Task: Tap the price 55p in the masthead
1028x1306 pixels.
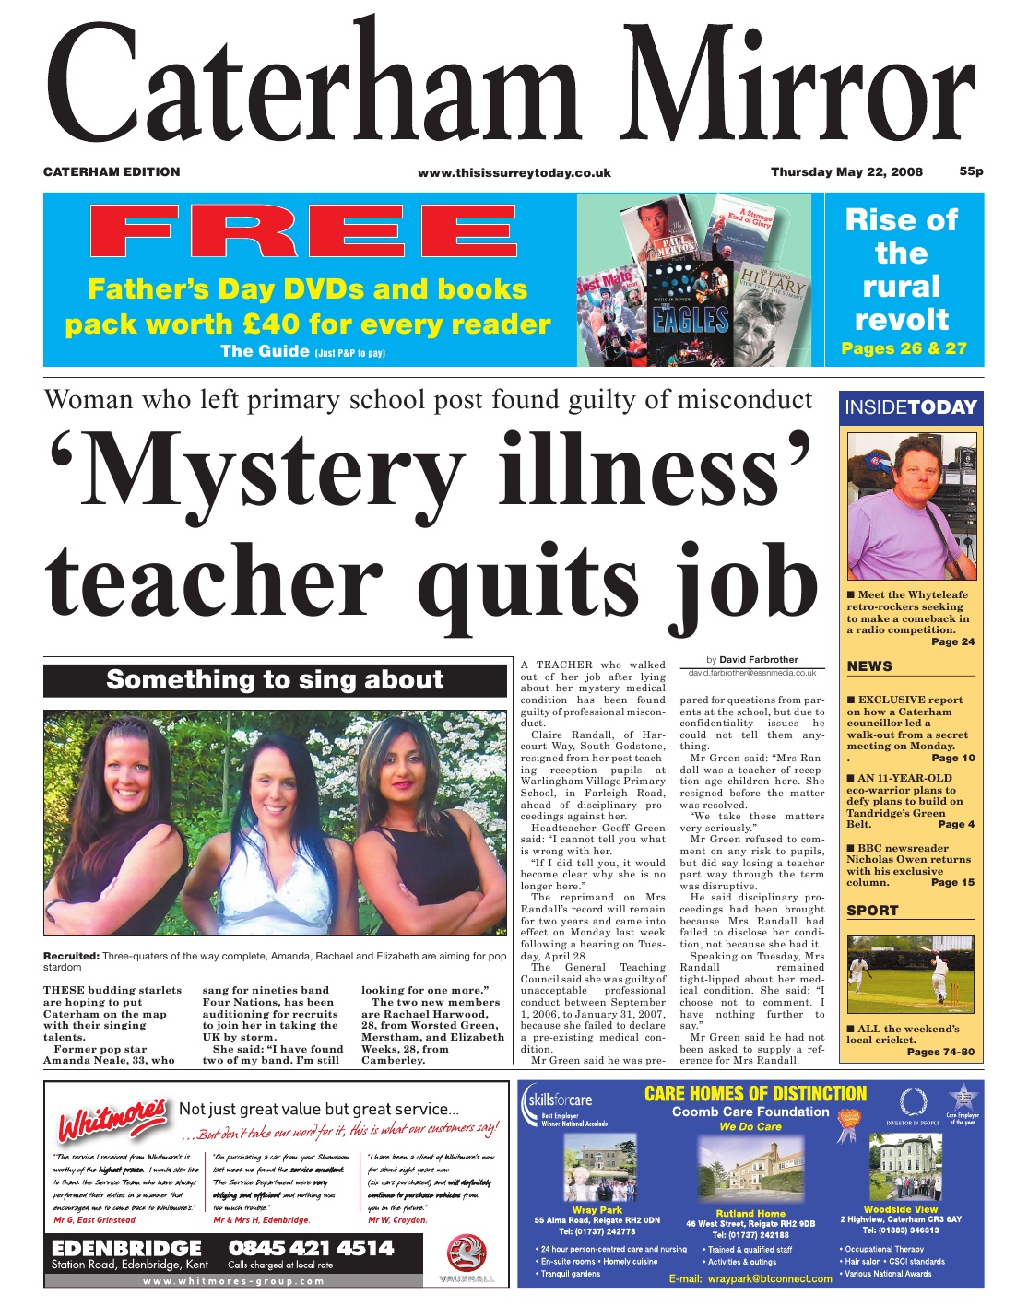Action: coord(971,171)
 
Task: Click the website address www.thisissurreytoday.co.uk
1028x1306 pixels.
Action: coord(514,172)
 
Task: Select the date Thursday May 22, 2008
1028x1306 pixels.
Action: coord(846,172)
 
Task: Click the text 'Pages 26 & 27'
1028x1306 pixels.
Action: coord(904,348)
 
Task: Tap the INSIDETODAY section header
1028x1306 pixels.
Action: coord(910,407)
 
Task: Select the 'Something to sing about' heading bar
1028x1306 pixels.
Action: coord(275,680)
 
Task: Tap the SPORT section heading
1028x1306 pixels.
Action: coord(872,911)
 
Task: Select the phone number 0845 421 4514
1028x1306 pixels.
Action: coord(311,1249)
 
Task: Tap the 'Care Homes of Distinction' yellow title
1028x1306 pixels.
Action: coord(755,1094)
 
